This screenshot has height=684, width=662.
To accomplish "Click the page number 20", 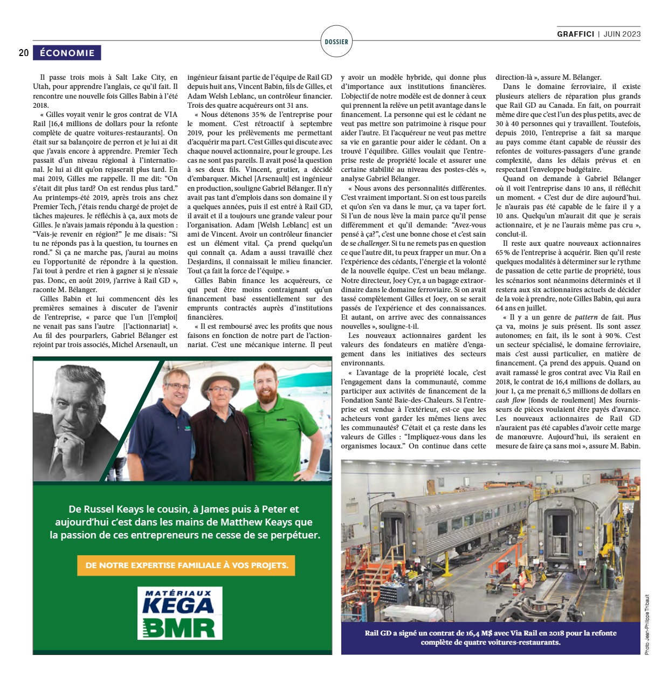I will point(24,53).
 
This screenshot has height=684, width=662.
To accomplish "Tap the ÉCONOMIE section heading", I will point(67,53).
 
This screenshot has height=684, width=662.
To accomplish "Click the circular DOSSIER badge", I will point(336,42).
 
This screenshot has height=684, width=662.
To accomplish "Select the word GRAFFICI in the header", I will point(576,34).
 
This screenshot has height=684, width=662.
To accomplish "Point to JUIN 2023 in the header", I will point(622,34).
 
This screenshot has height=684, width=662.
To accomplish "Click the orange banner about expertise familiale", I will point(187,565).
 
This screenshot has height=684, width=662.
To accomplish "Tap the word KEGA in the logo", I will point(178,605).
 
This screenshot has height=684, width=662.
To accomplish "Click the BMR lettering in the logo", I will point(180,627).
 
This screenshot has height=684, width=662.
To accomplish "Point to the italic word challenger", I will point(373,244).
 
